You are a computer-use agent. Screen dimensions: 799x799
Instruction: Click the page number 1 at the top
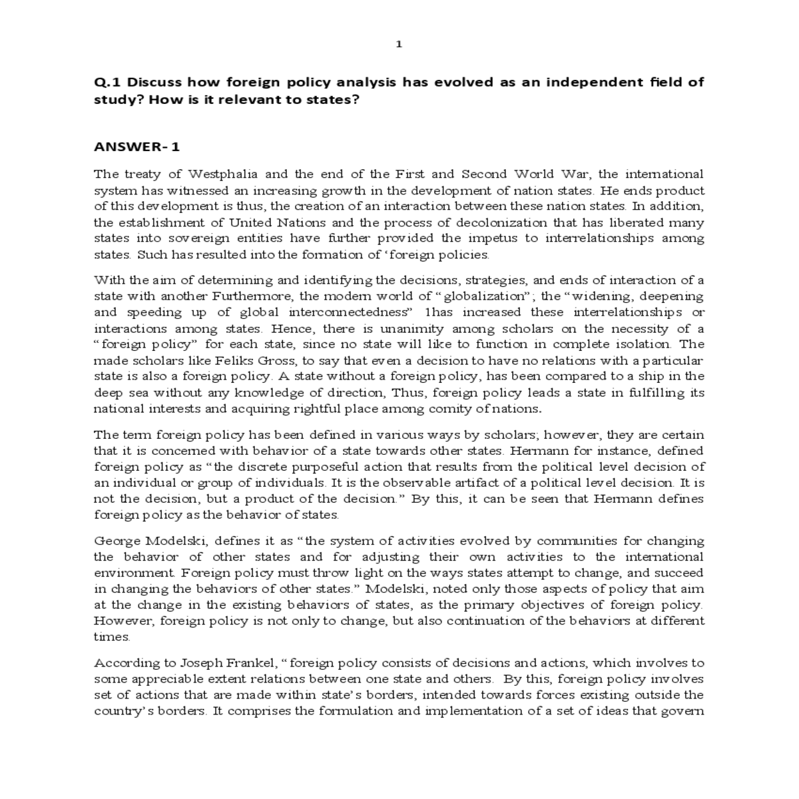[398, 45]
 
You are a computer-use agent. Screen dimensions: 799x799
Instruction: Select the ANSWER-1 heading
[137, 146]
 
